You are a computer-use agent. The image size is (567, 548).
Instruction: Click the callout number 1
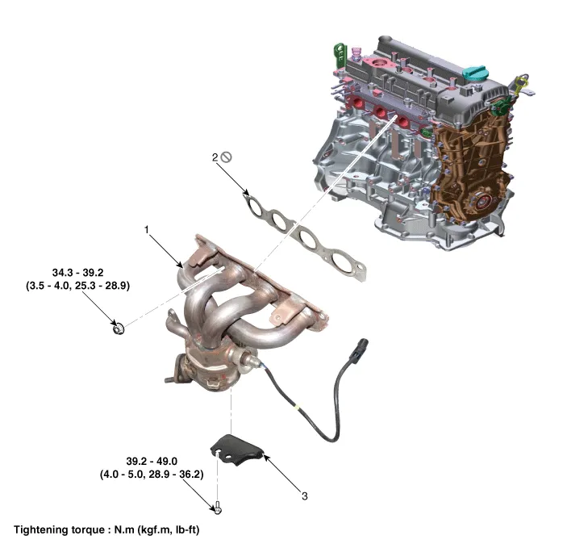tap(147, 229)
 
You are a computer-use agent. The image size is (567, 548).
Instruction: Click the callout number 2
tap(215, 159)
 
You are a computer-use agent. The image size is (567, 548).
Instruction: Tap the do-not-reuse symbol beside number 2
tap(227, 159)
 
